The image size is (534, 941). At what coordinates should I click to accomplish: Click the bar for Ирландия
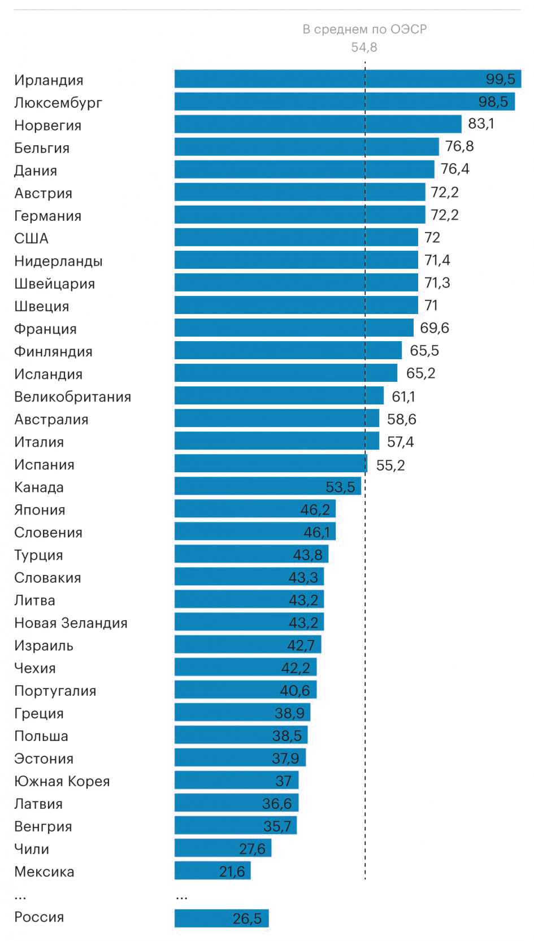347,79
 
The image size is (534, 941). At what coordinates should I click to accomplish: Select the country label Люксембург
58,103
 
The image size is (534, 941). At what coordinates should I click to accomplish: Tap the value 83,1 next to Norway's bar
481,124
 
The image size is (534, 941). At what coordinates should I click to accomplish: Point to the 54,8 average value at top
364,47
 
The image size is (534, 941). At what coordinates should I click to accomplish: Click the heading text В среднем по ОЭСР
364,29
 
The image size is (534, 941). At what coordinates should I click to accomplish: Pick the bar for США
296,237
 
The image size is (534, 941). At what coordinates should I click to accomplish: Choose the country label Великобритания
72,397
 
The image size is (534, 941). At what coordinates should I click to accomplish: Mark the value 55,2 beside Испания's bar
390,465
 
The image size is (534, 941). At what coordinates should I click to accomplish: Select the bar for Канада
267,486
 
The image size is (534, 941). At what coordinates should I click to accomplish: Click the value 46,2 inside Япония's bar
315,510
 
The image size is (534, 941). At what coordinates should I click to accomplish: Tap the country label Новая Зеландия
71,623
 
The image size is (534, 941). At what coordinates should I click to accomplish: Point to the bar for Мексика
212,870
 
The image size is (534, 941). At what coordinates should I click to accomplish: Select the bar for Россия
222,918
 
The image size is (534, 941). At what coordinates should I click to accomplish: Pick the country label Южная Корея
62,781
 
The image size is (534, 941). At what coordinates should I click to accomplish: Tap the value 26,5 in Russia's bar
247,919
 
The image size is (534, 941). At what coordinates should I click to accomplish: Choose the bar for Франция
294,328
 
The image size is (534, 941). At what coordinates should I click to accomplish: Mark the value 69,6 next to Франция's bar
434,328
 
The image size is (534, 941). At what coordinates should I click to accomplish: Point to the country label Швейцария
54,284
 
